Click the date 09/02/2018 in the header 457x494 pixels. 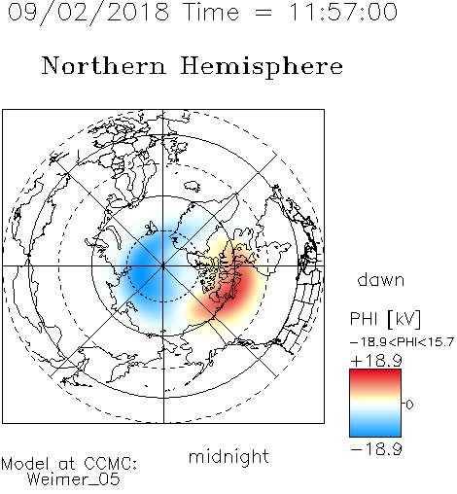pos(88,13)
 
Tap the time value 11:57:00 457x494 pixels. pos(343,12)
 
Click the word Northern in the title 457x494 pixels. pos(104,66)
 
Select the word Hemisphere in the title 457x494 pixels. pos(262,67)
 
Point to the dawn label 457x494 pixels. pos(381,280)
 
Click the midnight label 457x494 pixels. pos(228,458)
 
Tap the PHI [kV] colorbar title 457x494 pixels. pos(385,319)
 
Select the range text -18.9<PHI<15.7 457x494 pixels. pos(402,342)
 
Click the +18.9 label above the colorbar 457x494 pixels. pos(376,361)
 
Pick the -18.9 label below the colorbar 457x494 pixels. pos(376,449)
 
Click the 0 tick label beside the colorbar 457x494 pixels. pos(409,405)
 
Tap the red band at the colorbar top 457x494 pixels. pos(375,375)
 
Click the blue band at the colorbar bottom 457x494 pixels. pos(375,431)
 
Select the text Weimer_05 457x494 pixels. pos(74,479)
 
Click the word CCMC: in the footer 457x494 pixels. pos(111,464)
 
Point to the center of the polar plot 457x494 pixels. pos(163,265)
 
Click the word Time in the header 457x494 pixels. pos(211,12)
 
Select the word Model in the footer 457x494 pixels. pos(25,464)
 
